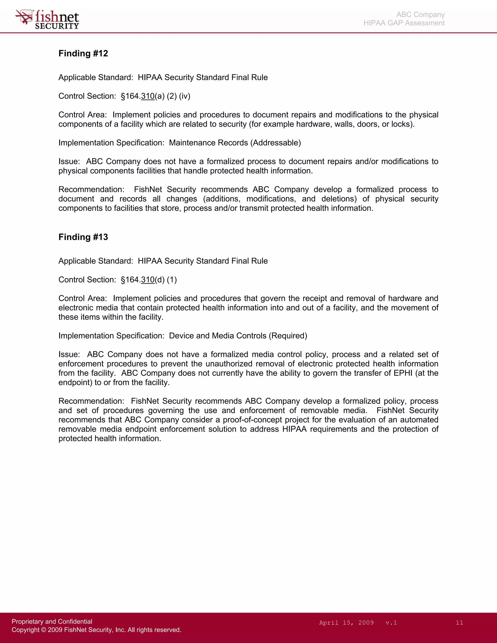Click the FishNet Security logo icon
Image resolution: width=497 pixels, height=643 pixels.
[x=24, y=17]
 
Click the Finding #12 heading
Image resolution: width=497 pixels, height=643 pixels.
[x=83, y=53]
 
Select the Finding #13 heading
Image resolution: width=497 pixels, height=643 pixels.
[x=83, y=237]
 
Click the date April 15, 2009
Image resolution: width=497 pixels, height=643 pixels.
[x=346, y=623]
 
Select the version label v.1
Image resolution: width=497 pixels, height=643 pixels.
[x=391, y=623]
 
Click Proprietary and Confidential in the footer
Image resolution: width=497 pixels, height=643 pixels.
[x=52, y=621]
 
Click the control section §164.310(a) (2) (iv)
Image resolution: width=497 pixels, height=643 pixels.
[x=156, y=96]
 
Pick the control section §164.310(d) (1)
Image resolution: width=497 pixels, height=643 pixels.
[x=149, y=280]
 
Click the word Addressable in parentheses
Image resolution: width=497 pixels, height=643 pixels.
[x=276, y=143]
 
